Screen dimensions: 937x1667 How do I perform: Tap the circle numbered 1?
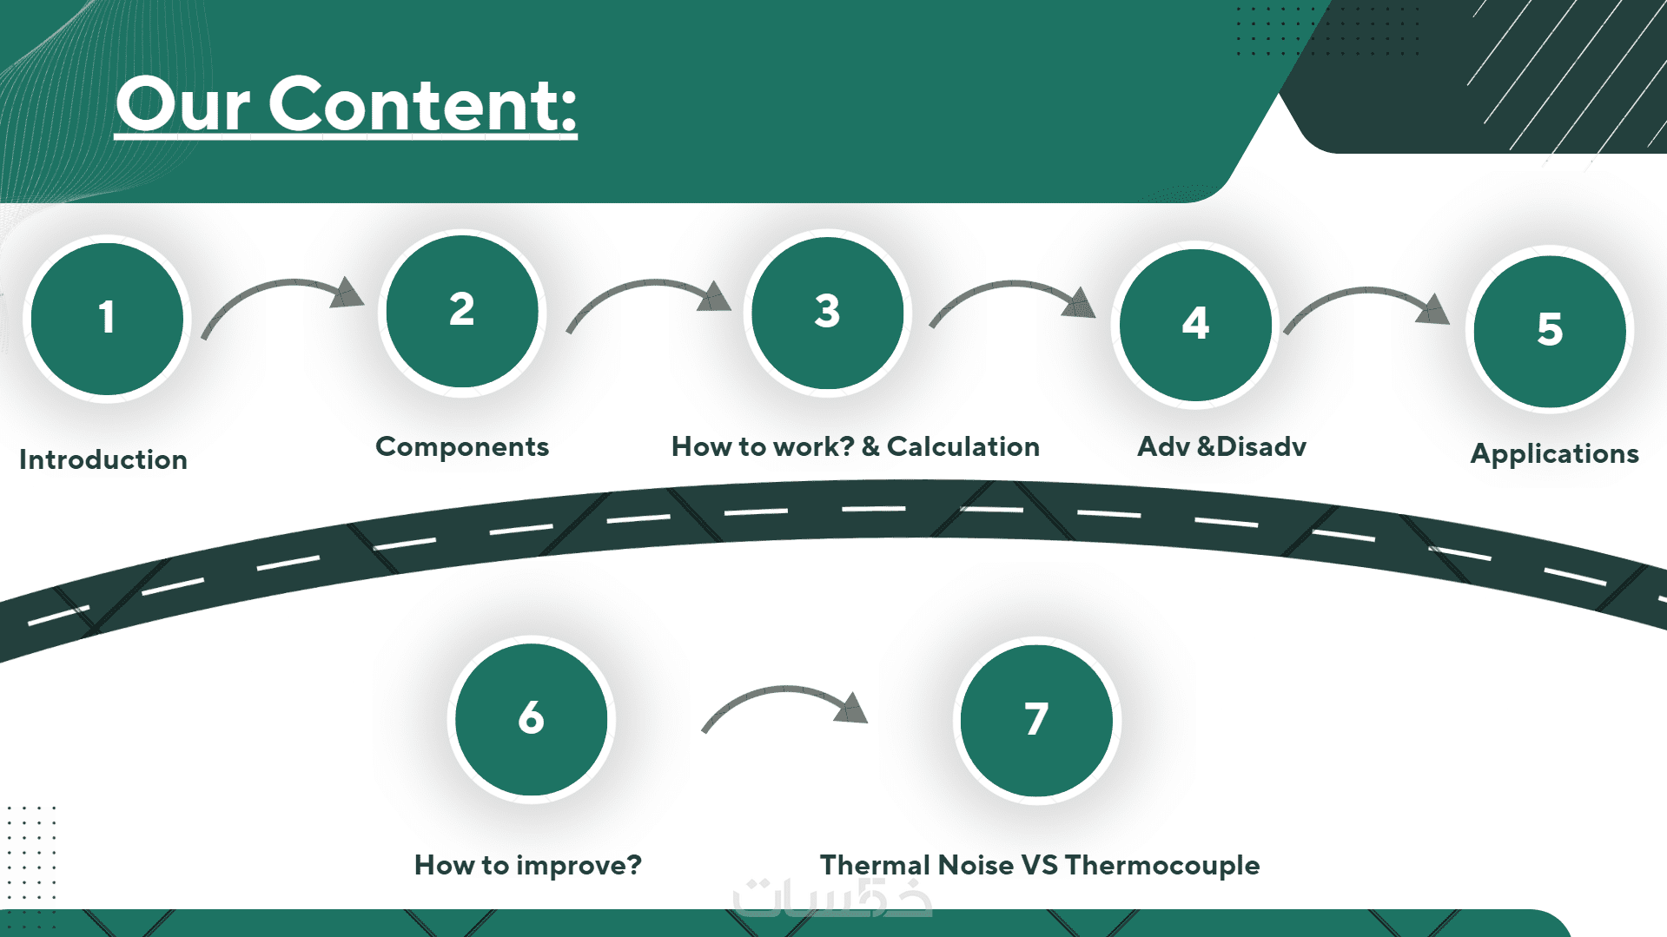click(107, 318)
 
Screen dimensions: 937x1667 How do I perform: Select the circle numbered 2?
click(462, 311)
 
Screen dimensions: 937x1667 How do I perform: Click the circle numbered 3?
click(827, 312)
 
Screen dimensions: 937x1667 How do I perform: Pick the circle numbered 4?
click(1195, 324)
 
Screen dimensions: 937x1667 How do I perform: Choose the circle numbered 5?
click(1550, 331)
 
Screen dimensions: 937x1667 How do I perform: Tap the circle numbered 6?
click(531, 719)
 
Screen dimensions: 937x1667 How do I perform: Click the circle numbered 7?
click(1036, 720)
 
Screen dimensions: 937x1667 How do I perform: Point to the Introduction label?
click(103, 459)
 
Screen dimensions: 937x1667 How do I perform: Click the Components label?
click(462, 446)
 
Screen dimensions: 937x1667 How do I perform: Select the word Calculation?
click(962, 446)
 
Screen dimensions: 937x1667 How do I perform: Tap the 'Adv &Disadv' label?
click(1221, 446)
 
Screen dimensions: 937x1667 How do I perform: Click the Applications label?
click(1554, 453)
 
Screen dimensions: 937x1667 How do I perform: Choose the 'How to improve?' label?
click(528, 865)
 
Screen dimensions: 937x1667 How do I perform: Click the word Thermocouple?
click(1162, 865)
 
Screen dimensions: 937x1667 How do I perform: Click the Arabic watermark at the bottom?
click(831, 898)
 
